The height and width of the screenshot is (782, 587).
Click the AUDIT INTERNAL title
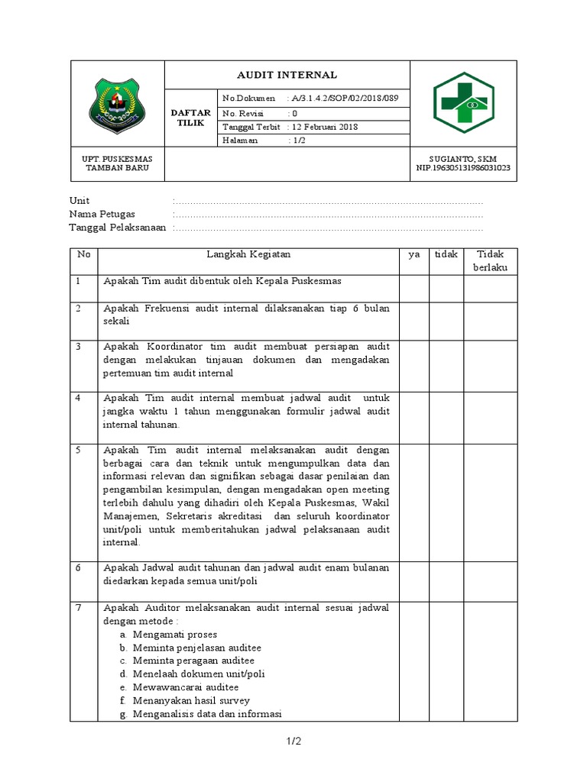[287, 75]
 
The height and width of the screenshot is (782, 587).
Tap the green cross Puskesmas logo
[463, 102]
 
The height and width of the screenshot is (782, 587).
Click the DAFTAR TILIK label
[192, 118]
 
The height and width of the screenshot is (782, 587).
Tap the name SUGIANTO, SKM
[463, 159]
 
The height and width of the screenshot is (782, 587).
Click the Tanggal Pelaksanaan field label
[118, 228]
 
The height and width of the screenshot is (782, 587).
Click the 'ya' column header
[413, 254]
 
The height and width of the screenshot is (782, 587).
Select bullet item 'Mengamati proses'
[175, 635]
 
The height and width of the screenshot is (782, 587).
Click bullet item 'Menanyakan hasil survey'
[191, 700]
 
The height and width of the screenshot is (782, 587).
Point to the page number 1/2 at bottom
[293, 741]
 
